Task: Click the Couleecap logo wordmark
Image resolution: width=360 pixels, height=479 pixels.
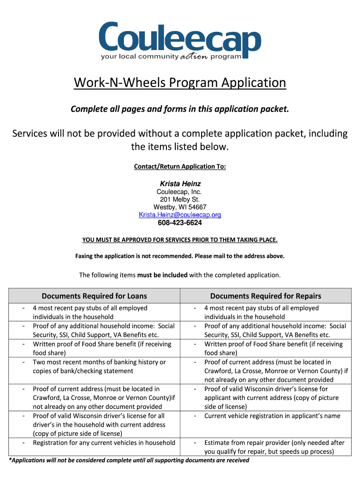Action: point(180,37)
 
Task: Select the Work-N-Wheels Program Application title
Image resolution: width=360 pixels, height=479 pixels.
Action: point(180,83)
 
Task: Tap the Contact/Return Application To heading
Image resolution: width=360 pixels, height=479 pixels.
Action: point(180,167)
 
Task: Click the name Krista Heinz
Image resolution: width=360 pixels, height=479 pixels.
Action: point(180,184)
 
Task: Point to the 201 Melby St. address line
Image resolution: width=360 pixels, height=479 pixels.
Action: point(180,200)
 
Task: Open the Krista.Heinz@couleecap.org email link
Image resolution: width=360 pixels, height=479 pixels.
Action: point(180,215)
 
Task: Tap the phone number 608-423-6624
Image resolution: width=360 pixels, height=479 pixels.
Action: point(180,223)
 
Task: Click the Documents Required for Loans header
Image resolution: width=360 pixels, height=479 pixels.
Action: point(94,296)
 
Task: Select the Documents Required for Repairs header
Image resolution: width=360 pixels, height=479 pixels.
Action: point(266,296)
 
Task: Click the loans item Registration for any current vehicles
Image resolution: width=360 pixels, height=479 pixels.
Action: point(104,443)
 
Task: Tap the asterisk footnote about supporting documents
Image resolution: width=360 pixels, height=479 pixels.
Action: point(129,460)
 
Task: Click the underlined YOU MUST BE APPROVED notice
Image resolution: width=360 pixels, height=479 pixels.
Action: point(180,240)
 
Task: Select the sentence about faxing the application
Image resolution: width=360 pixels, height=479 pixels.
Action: point(180,256)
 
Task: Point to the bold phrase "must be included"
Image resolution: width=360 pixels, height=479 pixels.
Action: point(162,275)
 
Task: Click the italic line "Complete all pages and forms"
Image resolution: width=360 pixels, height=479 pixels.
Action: point(180,109)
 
